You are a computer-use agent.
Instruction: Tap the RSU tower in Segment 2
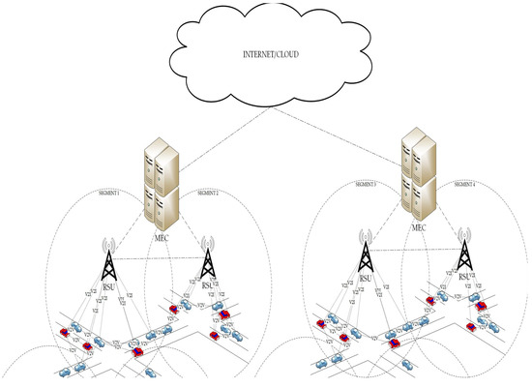[x=206, y=261]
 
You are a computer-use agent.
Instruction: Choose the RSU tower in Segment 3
[x=365, y=254]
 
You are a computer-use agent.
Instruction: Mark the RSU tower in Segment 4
[x=466, y=254]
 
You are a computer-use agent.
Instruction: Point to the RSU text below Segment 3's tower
[x=365, y=281]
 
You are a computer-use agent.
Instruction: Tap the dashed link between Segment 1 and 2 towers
[x=155, y=259]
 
